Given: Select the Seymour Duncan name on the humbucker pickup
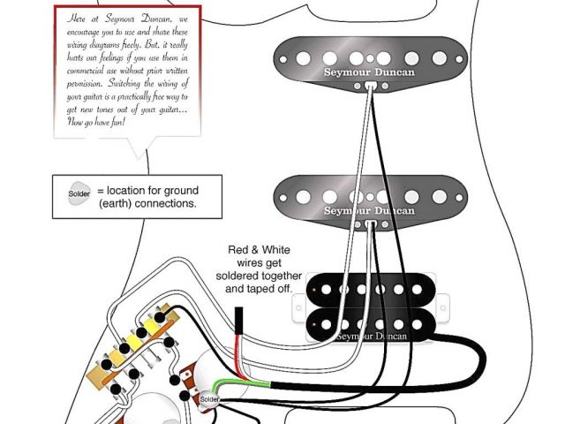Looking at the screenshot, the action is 372,336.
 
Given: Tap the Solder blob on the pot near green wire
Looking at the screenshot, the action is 209,399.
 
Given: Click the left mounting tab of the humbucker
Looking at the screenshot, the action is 298,305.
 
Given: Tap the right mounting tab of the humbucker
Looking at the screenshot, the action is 451,305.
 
